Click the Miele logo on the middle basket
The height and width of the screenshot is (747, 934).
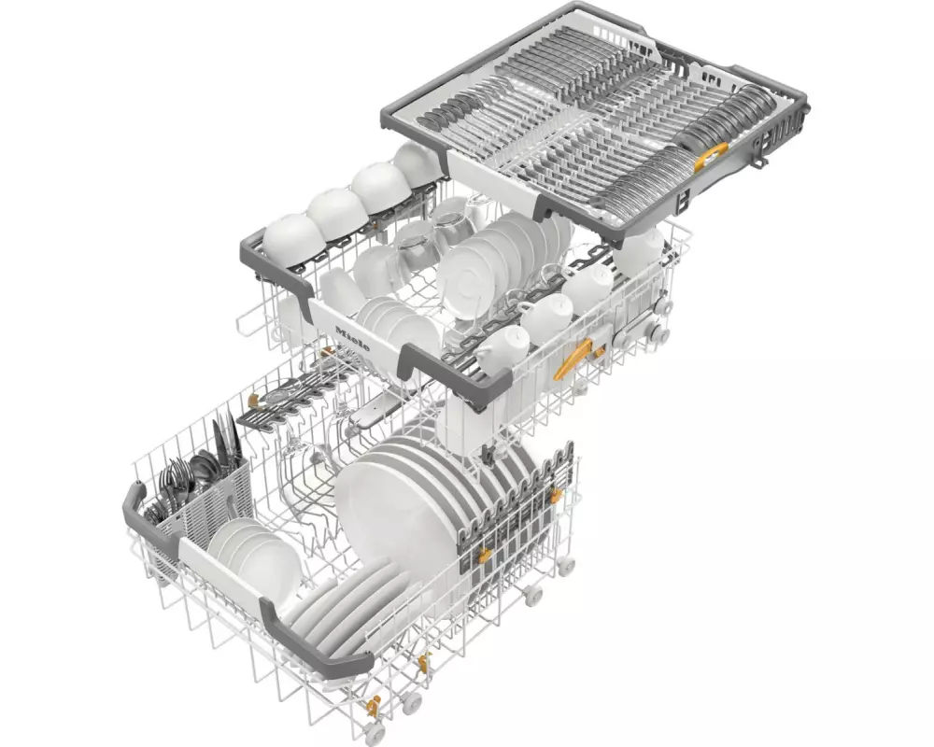352,339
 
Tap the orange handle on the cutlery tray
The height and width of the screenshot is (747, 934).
711,156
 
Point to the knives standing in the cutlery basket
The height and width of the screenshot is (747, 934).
226,441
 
